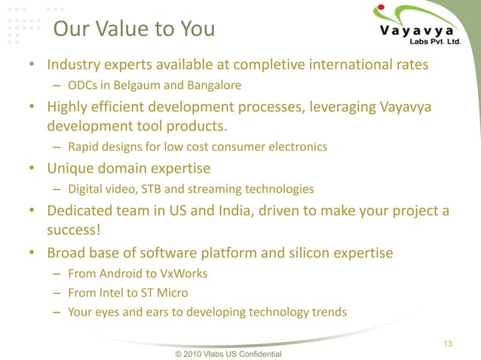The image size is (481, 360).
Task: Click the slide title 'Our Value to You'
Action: (x=134, y=29)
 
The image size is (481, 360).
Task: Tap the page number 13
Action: (x=448, y=344)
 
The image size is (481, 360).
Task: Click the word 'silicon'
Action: (x=305, y=252)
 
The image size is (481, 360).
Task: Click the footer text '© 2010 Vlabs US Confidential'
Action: (x=228, y=353)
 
